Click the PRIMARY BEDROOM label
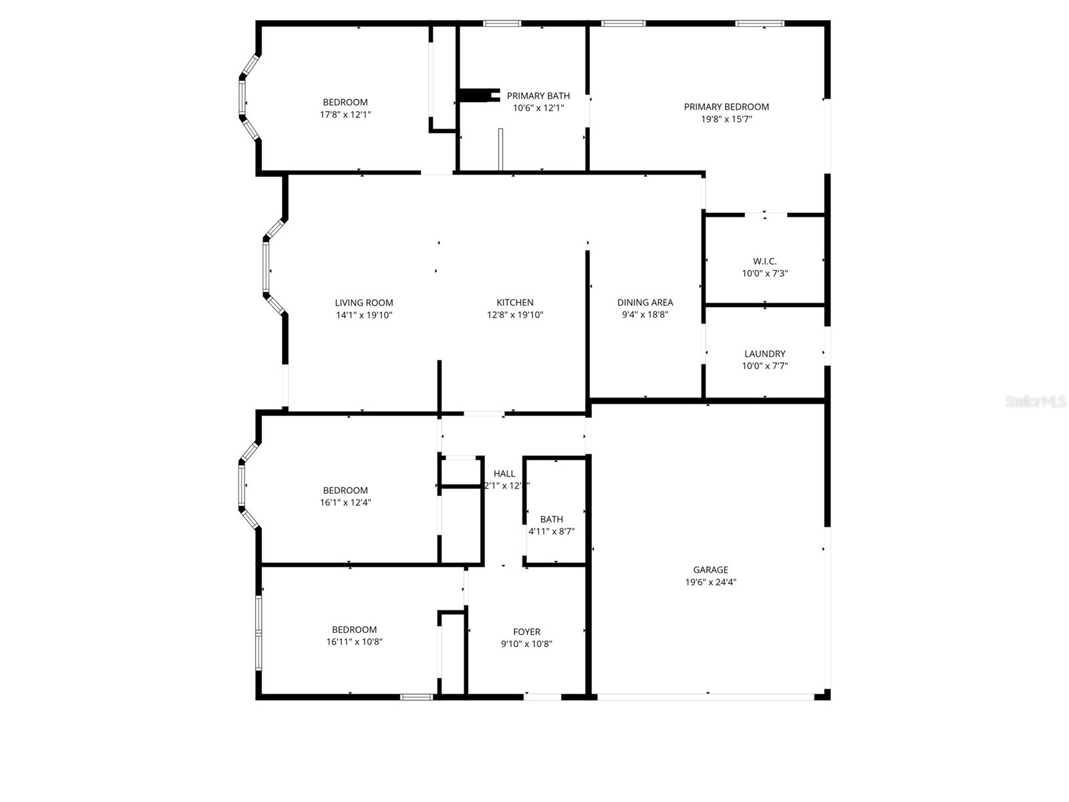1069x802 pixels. click(726, 107)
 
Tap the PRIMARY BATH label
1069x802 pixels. click(538, 96)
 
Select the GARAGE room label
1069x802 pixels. click(710, 569)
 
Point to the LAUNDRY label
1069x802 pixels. click(765, 354)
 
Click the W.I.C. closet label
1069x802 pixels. click(764, 261)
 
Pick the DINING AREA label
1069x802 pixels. click(645, 303)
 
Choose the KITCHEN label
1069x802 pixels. click(514, 303)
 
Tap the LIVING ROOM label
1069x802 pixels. click(363, 303)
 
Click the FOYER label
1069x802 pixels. click(526, 632)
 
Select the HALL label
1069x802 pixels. click(504, 474)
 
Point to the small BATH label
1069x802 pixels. click(551, 519)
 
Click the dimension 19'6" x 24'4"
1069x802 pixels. click(710, 582)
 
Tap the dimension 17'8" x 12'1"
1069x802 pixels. click(345, 114)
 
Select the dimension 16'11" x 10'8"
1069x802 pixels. click(354, 642)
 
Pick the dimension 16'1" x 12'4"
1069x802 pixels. click(345, 503)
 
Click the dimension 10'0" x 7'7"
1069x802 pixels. click(765, 366)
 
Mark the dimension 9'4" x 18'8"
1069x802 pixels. click(645, 315)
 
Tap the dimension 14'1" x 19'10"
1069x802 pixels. click(363, 315)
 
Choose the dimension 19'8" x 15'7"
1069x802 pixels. click(726, 119)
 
